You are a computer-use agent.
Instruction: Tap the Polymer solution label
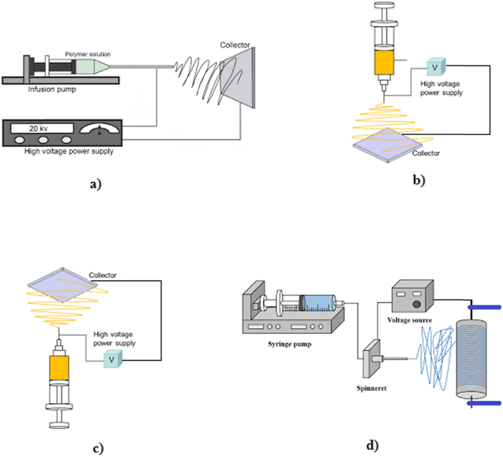click(x=88, y=54)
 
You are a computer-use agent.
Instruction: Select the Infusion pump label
click(x=52, y=89)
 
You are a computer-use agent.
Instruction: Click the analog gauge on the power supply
click(x=99, y=129)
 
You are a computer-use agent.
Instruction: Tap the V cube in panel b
click(x=436, y=67)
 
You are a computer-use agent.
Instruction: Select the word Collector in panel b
click(x=426, y=153)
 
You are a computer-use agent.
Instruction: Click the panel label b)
click(x=419, y=180)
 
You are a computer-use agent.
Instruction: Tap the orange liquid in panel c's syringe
click(x=59, y=368)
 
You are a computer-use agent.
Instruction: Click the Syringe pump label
click(x=289, y=344)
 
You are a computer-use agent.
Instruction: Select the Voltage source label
click(x=409, y=320)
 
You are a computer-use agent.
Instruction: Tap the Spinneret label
click(x=371, y=388)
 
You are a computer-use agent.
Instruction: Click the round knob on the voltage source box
click(x=417, y=304)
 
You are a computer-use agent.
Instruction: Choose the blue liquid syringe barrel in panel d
click(x=319, y=303)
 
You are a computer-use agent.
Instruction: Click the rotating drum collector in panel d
click(x=471, y=358)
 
